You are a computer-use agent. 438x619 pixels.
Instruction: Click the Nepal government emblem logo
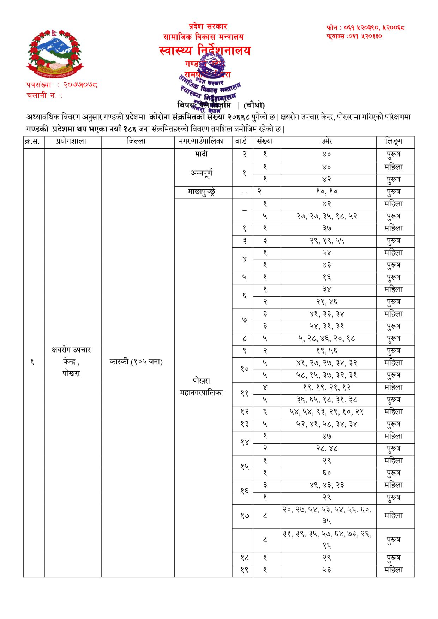coord(55,54)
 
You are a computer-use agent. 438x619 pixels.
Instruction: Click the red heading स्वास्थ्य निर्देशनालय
coord(205,51)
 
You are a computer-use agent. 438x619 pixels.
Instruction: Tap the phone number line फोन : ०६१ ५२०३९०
coord(365,28)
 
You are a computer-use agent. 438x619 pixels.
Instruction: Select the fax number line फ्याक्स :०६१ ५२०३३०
coord(354,36)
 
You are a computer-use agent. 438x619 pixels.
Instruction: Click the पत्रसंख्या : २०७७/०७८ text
coord(62,85)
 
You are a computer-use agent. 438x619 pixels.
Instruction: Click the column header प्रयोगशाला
coord(71,142)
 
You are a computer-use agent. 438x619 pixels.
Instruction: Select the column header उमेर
coord(327,142)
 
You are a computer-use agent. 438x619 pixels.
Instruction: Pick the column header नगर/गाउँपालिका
coord(201,142)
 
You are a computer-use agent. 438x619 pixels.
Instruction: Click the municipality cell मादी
coord(201,154)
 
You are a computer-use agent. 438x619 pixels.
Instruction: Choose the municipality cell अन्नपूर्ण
coord(201,173)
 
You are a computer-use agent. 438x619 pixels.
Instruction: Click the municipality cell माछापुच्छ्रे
coord(201,192)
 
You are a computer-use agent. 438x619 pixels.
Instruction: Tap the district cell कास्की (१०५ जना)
coord(136,362)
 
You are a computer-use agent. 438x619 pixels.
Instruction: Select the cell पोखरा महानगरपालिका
coord(201,387)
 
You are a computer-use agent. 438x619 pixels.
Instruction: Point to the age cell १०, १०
coord(327,192)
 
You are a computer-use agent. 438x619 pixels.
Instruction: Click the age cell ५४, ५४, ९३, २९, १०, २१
coord(327,412)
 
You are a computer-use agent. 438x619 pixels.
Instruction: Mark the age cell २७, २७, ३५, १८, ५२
coord(327,216)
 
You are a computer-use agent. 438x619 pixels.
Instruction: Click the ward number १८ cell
coord(244,558)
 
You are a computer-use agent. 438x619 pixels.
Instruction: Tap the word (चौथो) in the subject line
coord(254,105)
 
